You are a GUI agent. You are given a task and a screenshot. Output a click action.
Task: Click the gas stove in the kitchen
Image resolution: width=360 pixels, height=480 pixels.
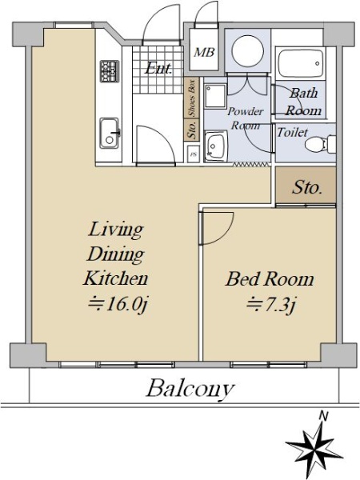[x=109, y=71]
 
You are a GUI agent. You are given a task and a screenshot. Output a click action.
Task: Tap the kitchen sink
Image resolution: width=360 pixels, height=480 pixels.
[x=109, y=133]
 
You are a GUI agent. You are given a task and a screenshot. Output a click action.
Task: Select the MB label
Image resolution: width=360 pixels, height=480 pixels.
[x=204, y=52]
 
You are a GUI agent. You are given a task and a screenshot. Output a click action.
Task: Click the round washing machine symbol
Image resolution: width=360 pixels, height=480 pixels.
[x=248, y=50]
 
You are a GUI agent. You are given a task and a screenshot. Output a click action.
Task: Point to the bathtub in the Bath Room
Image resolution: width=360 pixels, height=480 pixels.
[x=301, y=62]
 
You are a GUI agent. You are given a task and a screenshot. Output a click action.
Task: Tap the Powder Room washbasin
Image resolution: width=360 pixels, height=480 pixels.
[x=216, y=146]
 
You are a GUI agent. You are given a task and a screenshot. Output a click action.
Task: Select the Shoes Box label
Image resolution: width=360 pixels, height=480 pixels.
[x=192, y=98]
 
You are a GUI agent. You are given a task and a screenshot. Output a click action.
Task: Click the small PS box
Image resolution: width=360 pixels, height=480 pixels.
[x=193, y=154]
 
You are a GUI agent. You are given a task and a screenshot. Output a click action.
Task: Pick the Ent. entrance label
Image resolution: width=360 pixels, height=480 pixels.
[x=158, y=68]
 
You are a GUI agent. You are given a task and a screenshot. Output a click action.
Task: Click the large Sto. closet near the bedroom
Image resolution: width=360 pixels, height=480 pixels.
[x=306, y=185]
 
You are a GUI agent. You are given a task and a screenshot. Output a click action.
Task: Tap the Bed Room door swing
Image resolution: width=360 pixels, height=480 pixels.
[x=217, y=228]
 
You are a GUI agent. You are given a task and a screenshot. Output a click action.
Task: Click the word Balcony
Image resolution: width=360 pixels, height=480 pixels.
[x=190, y=389]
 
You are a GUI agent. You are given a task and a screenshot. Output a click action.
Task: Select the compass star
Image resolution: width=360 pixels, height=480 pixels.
[x=314, y=447]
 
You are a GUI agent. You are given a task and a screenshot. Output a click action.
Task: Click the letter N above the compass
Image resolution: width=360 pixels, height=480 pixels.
[x=323, y=416]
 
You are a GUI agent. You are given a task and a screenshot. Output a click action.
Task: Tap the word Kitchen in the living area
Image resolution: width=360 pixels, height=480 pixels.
[x=115, y=278]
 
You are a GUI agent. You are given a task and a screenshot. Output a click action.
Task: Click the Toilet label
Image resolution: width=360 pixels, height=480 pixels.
[x=292, y=132]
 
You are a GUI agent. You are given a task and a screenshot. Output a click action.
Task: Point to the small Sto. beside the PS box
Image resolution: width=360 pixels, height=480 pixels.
[x=192, y=130]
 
